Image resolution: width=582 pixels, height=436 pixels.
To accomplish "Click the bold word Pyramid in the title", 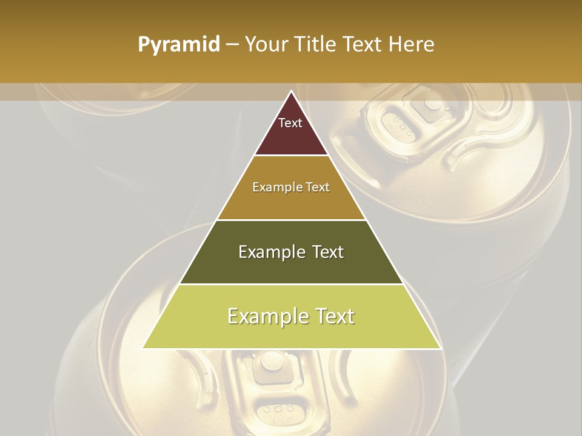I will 178,45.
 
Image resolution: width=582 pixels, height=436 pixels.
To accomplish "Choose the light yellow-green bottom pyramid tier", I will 291,330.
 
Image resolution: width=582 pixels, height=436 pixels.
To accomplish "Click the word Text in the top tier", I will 290,123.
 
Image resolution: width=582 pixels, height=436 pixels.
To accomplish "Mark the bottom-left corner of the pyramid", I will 143,348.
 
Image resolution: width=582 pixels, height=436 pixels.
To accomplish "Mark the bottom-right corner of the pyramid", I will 440,348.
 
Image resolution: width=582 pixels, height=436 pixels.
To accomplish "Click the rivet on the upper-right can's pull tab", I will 433,101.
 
